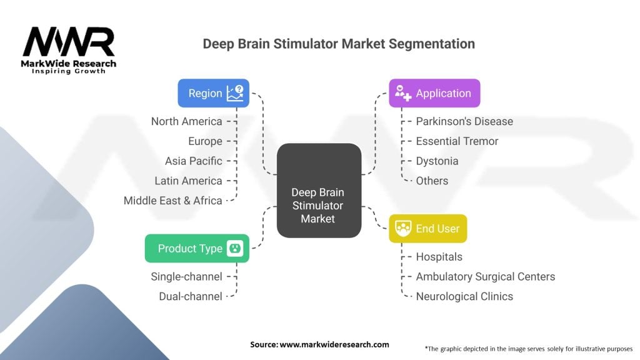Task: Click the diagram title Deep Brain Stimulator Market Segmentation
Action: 339,44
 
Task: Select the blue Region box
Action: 213,93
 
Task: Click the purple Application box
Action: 434,93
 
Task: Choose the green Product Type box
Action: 197,248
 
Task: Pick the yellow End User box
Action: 427,229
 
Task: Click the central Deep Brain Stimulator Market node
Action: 319,190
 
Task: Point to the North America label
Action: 186,121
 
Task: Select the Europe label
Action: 205,141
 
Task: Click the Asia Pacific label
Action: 193,161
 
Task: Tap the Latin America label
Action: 188,181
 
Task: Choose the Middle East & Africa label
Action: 172,201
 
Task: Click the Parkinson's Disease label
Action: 464,121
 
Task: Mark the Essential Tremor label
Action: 457,141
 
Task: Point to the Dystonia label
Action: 437,161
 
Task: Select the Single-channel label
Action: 186,276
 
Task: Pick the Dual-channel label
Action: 191,296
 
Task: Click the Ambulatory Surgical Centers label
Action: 485,276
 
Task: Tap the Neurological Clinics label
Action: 464,296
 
